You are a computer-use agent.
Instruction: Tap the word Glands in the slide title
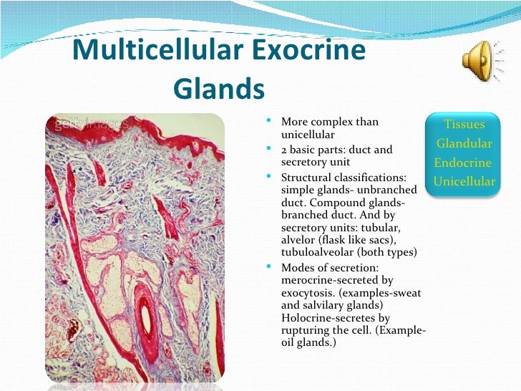coord(219,90)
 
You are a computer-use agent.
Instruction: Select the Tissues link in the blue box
coord(464,125)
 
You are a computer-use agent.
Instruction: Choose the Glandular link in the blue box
coord(464,143)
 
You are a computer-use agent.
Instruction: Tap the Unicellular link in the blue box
coord(464,181)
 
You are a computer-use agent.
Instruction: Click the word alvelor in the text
coord(297,240)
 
